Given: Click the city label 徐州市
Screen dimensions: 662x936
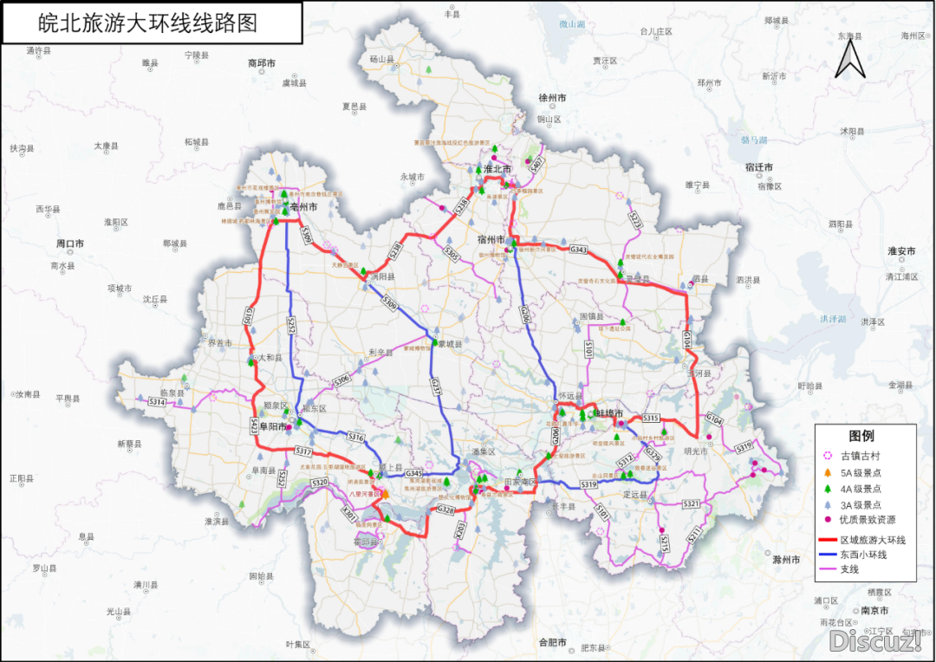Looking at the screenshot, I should (552, 98).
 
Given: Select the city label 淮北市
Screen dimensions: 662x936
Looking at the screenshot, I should (497, 169).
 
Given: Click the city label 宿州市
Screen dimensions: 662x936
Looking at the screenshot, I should (491, 238).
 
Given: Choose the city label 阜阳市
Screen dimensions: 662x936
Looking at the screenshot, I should (270, 426).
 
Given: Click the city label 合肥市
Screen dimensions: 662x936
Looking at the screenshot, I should (552, 642).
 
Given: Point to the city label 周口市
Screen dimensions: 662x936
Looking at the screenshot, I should (69, 243).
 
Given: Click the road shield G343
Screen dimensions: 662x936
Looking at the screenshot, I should (579, 250).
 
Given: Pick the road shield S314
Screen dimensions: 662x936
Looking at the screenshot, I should (157, 402).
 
